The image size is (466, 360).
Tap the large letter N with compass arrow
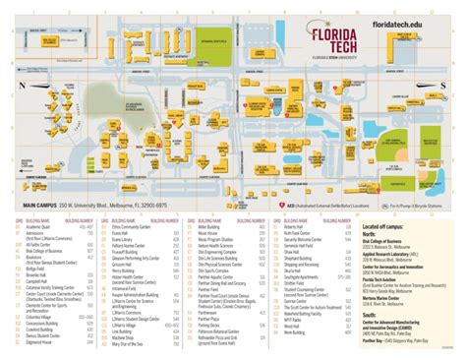(19, 86)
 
